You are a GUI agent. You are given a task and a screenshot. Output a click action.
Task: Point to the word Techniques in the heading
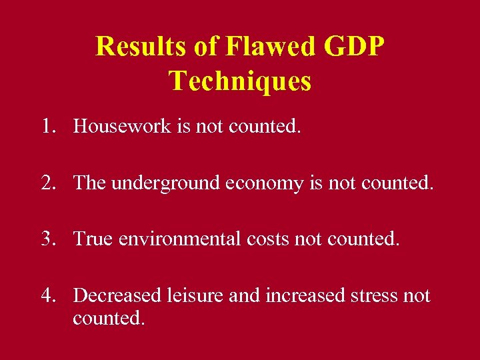(x=240, y=81)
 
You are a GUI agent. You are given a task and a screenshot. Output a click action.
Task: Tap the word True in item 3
(x=93, y=238)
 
